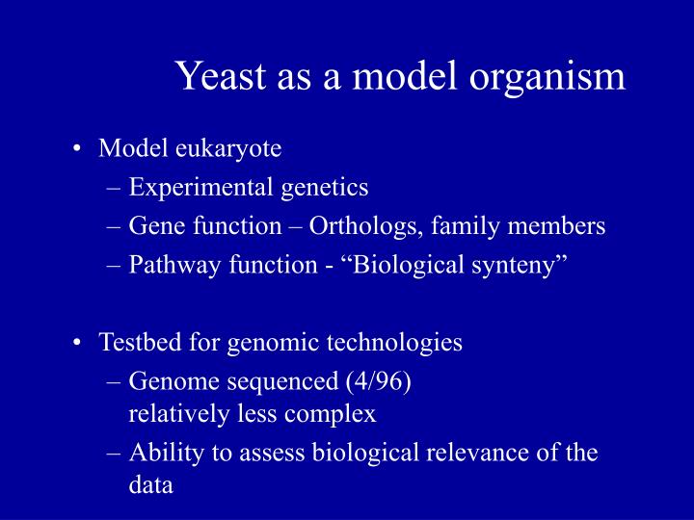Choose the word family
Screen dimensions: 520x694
coord(467,226)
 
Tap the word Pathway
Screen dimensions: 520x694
coord(170,265)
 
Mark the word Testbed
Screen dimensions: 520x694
coord(136,342)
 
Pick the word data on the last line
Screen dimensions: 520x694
coord(150,485)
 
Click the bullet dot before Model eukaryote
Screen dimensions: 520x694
coord(76,149)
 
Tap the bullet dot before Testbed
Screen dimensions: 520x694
coord(76,342)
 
